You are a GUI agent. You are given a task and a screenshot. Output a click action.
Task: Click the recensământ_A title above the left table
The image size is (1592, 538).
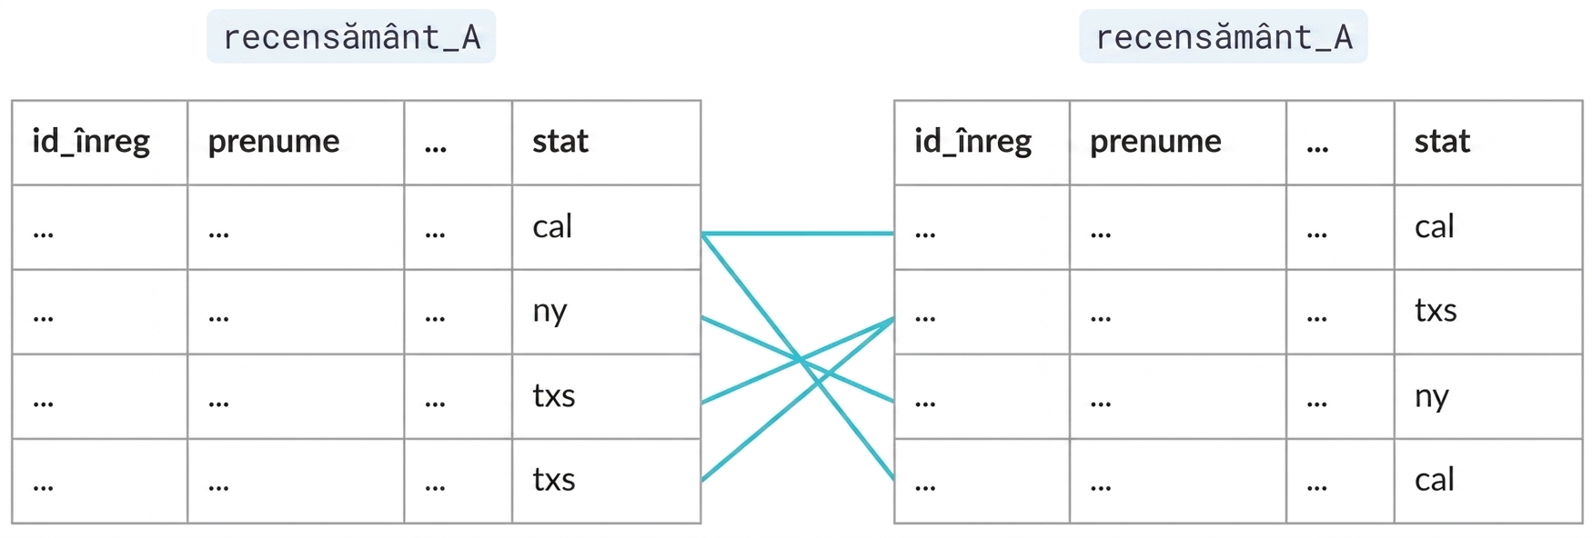point(351,37)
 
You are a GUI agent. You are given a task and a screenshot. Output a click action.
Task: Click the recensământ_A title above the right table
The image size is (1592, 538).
point(1224,37)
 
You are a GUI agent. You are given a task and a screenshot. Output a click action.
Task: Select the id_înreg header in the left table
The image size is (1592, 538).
point(91,142)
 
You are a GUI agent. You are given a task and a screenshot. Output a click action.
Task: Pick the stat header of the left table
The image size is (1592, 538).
point(560,142)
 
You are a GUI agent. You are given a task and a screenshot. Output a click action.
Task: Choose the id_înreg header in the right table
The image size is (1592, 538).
point(973,142)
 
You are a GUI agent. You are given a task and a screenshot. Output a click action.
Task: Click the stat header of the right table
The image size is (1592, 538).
point(1442,142)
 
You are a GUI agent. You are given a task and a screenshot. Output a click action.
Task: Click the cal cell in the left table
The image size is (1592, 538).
point(552,226)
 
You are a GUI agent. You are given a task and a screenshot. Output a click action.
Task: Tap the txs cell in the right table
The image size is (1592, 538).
point(1436,311)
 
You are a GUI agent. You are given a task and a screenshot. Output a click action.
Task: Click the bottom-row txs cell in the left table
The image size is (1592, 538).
point(554,480)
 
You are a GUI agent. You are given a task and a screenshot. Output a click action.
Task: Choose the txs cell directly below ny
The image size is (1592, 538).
point(554,396)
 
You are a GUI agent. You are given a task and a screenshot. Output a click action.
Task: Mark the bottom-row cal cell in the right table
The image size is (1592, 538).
point(1435,480)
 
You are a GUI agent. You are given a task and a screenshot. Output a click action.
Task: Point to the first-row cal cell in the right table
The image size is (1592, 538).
point(1435,226)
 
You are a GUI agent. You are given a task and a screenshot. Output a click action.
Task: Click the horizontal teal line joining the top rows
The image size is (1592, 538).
point(798,234)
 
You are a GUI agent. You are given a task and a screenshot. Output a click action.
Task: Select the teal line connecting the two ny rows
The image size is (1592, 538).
point(798,359)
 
